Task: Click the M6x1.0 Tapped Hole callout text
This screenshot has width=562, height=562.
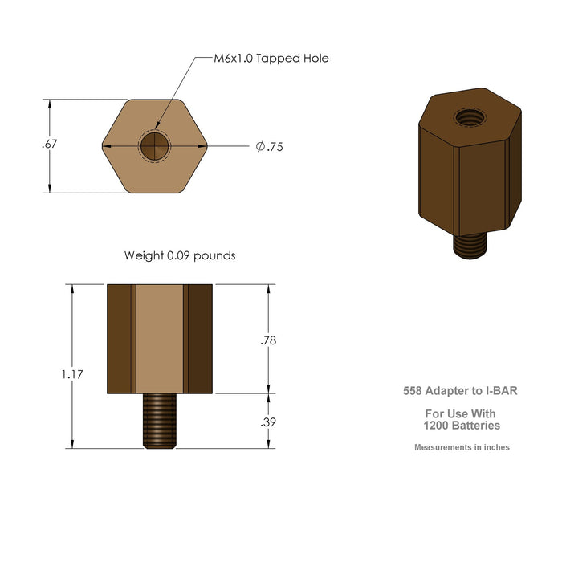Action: [x=271, y=59]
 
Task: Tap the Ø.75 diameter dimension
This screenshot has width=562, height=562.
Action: [x=270, y=147]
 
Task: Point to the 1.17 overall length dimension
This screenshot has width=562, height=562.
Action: [x=71, y=374]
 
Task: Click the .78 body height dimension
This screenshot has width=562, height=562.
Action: [x=268, y=340]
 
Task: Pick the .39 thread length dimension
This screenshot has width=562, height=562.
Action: [x=268, y=422]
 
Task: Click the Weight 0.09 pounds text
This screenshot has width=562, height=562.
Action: [x=179, y=256]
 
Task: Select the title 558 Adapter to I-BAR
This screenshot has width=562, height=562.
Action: [x=461, y=392]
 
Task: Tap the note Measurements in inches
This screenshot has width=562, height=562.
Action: [x=462, y=447]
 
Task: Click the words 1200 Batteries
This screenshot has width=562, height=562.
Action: [x=462, y=426]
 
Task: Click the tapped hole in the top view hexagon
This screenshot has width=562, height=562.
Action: [x=155, y=146]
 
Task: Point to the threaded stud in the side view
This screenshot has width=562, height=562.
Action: [x=161, y=421]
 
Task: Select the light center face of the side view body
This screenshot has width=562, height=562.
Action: [x=160, y=339]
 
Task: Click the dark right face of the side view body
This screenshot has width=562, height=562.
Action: [x=200, y=339]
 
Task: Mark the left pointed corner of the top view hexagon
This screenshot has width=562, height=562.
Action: [x=103, y=146]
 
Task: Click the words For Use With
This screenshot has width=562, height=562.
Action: [x=461, y=413]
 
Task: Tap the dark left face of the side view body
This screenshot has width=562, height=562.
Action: [x=119, y=339]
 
